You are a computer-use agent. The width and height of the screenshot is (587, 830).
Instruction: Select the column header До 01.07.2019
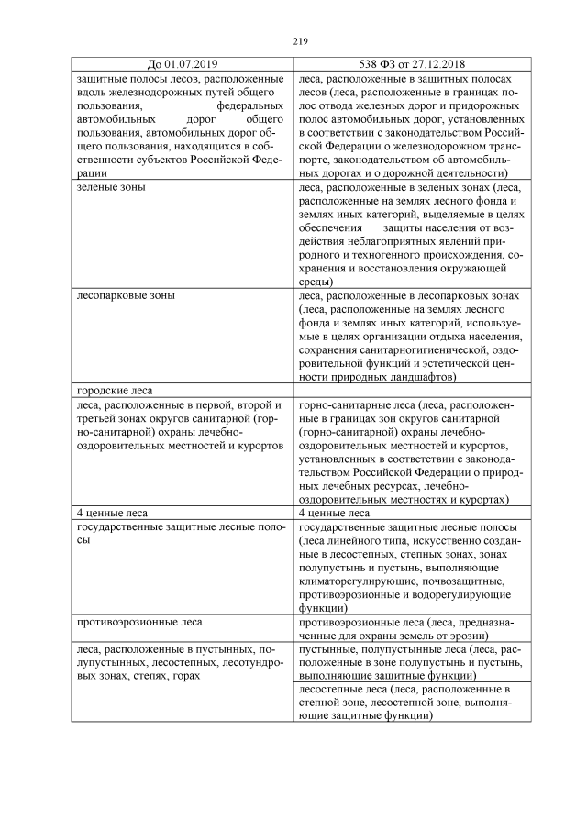click(x=182, y=64)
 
